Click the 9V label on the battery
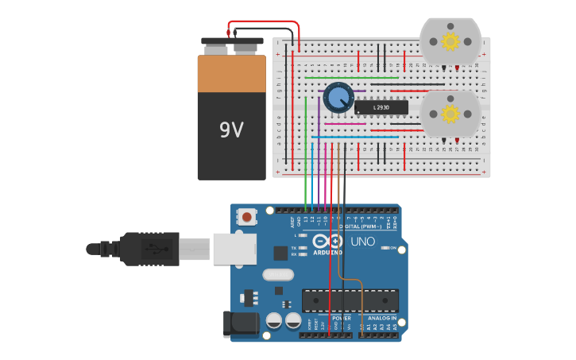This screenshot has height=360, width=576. (231, 130)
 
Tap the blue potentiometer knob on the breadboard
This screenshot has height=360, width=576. (338, 98)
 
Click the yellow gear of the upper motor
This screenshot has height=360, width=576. (450, 41)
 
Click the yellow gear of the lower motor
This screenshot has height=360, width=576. (450, 114)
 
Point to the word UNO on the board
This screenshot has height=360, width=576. (362, 242)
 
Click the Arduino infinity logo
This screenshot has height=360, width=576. (327, 241)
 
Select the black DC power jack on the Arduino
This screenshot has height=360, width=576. (240, 324)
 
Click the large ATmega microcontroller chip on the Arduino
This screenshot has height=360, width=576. (349, 300)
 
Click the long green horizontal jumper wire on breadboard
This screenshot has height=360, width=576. (351, 78)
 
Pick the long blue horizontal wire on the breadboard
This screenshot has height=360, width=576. (354, 137)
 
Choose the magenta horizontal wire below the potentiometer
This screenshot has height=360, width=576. (345, 124)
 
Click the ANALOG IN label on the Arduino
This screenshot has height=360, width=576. (381, 318)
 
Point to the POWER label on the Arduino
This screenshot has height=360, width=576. (341, 318)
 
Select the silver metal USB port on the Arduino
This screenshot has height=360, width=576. (234, 249)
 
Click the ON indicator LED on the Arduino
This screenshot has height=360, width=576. (385, 248)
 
